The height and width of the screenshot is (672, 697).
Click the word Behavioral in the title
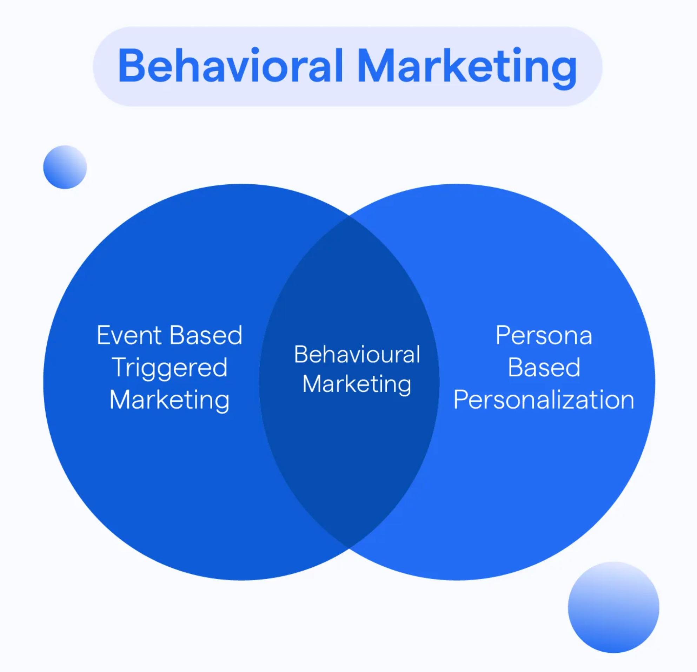coord(231,66)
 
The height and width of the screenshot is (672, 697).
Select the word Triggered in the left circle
coord(169,368)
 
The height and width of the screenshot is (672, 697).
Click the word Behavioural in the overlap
coord(357,354)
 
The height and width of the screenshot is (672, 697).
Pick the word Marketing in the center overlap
coord(357,384)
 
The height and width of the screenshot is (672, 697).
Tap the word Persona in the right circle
coord(544,335)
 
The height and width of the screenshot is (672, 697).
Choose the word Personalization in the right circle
coord(544,400)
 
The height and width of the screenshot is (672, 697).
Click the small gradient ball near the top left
coord(65,167)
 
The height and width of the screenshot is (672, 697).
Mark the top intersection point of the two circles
coord(350,216)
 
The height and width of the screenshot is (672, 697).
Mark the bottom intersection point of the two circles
coord(350,547)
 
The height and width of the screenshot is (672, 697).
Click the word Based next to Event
coord(206,335)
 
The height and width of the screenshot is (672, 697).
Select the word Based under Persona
coord(544,367)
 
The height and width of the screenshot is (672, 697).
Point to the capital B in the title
coord(131,66)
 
